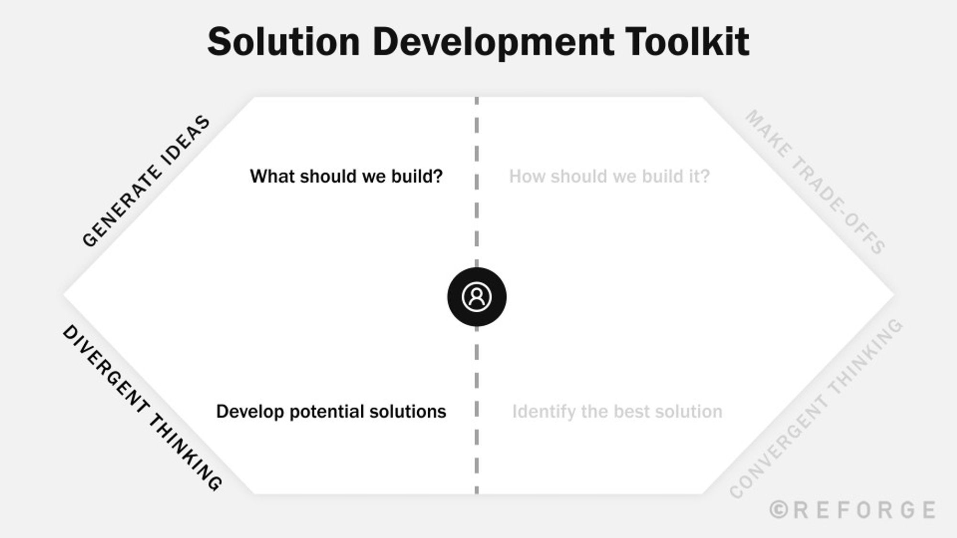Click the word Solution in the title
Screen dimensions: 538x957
click(x=283, y=42)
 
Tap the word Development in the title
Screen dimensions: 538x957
click(x=493, y=42)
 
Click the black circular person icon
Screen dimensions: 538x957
click(x=477, y=296)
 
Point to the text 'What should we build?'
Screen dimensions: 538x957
click(x=346, y=176)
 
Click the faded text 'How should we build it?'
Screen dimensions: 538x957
click(x=609, y=176)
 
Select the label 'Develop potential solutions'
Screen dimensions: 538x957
click(x=331, y=411)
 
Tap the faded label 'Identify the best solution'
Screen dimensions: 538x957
click(x=617, y=411)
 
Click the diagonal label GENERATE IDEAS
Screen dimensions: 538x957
click(x=146, y=181)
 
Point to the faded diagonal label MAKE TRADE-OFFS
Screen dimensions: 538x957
click(x=815, y=182)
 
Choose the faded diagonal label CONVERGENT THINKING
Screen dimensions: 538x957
click(x=816, y=409)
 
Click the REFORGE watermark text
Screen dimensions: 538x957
click(x=864, y=510)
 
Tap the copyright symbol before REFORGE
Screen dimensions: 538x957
click(x=779, y=510)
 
